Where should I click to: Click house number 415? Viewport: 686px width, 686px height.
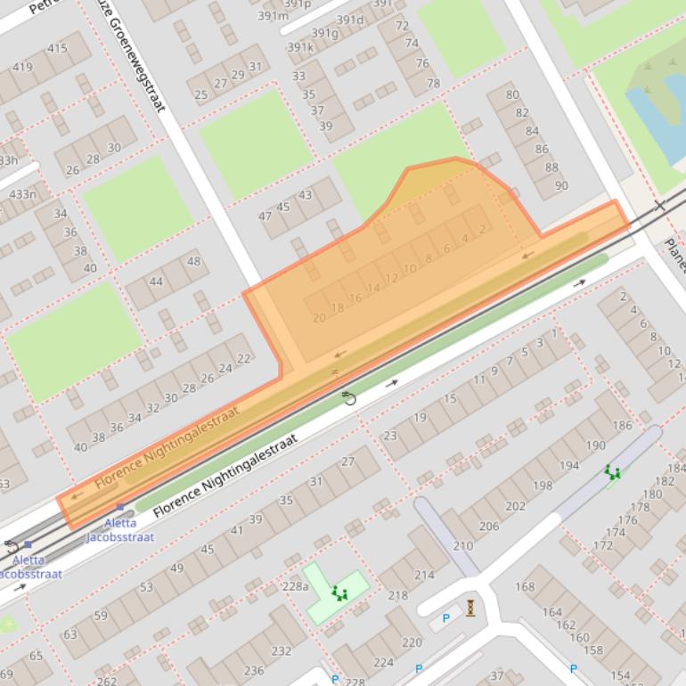pyautogui.click(x=57, y=48)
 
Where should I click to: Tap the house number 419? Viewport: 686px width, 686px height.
pyautogui.click(x=22, y=67)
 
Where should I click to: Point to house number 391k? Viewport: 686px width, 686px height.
pyautogui.click(x=300, y=47)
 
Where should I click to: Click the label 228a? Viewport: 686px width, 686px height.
pyautogui.click(x=295, y=585)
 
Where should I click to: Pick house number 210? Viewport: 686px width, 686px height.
pyautogui.click(x=463, y=546)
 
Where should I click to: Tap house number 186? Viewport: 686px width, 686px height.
pyautogui.click(x=622, y=426)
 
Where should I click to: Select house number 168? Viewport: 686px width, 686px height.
pyautogui.click(x=525, y=586)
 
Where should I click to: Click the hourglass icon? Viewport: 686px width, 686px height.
pyautogui.click(x=470, y=608)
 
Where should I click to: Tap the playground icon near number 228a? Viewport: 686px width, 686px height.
pyautogui.click(x=339, y=592)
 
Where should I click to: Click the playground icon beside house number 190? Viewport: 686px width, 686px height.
pyautogui.click(x=612, y=472)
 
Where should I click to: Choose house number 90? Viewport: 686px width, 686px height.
pyautogui.click(x=561, y=185)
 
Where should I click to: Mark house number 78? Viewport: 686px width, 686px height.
pyautogui.click(x=433, y=84)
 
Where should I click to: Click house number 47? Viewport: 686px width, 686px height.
pyautogui.click(x=265, y=216)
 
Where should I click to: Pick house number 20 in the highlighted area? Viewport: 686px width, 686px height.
pyautogui.click(x=319, y=318)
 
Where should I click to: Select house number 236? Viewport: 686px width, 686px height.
pyautogui.click(x=254, y=671)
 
